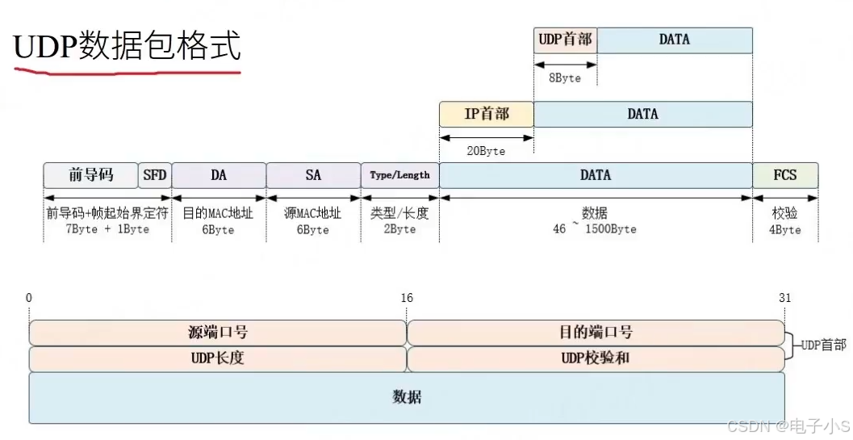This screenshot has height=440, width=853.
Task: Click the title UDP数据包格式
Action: coord(127,47)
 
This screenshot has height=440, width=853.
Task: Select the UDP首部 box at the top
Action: coord(565,40)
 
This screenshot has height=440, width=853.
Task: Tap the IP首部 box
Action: coord(487,114)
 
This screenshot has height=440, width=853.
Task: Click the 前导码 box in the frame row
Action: coord(91,175)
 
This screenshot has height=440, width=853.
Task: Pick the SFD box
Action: coord(154,175)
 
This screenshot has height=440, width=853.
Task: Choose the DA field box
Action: coord(219,175)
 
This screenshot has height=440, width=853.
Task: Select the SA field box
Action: coord(313,175)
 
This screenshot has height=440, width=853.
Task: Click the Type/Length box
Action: coord(400,175)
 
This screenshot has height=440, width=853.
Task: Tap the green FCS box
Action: coord(785,175)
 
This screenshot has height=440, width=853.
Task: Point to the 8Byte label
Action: coord(565,78)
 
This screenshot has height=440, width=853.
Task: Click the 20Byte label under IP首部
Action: coord(487,151)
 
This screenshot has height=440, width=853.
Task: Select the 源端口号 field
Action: coord(218,333)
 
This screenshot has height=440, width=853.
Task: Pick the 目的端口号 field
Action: coord(596,333)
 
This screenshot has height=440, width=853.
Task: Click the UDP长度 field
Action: coord(218,358)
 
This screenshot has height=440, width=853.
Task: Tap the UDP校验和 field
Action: coord(596,358)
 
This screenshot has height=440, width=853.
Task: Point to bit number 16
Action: coord(407,299)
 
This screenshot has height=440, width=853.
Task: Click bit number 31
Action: coord(784,299)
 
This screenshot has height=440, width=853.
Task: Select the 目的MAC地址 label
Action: coord(218,214)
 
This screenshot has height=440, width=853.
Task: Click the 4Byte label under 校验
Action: coord(785,229)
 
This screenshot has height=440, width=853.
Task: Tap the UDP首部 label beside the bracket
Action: coord(824,345)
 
